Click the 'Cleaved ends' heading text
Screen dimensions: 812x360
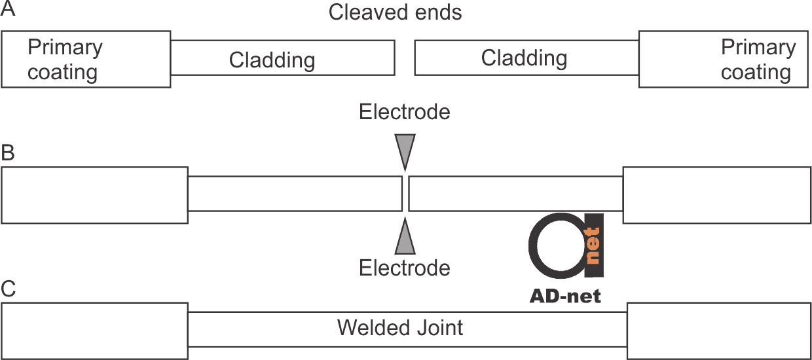click(395, 12)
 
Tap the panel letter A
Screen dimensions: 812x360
click(8, 9)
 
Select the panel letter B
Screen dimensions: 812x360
click(8, 153)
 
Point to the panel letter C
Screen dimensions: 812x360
click(9, 289)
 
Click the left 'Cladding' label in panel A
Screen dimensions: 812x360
click(272, 60)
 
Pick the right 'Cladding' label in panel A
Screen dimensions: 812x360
click(524, 58)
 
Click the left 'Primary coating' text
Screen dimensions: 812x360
click(65, 60)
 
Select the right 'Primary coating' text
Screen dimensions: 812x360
click(758, 60)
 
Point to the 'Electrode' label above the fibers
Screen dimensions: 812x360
click(405, 111)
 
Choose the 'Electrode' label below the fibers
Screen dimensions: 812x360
click(405, 268)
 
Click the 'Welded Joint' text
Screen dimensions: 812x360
click(400, 328)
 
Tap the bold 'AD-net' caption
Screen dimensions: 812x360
click(565, 297)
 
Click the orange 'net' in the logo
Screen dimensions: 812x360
click(593, 245)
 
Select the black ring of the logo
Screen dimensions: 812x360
click(532, 245)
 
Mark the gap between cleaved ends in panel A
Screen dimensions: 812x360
click(405, 58)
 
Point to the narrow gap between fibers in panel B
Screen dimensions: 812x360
click(405, 194)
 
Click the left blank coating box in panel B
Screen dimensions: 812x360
click(94, 195)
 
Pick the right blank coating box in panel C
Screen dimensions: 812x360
click(719, 331)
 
